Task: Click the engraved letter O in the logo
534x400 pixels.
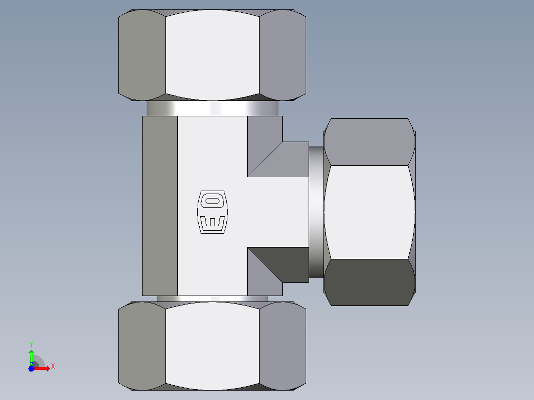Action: coord(213,201)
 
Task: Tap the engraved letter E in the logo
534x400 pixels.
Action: coord(213,222)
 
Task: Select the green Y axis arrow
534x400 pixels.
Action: coord(31,355)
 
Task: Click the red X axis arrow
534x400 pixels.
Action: coord(42,368)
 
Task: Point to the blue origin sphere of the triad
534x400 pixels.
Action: coord(31,368)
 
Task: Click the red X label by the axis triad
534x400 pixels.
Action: coord(53,366)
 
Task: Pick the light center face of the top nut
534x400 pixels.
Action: coord(212,54)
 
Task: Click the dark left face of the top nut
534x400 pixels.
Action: coord(142,54)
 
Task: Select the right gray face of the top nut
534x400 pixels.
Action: coord(282,54)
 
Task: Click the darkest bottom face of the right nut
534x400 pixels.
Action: coord(370,282)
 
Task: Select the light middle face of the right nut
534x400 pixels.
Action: coord(370,212)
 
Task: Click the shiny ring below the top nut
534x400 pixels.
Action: coord(212,108)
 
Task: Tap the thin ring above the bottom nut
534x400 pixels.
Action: coord(212,299)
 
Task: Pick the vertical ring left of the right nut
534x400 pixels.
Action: coord(316,212)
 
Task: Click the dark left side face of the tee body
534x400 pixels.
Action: coord(160,205)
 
